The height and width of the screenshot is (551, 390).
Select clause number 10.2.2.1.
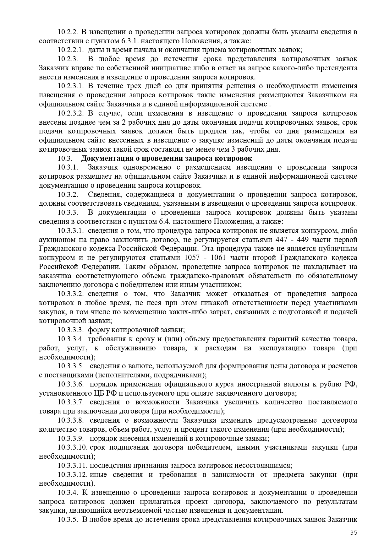[x=71, y=50]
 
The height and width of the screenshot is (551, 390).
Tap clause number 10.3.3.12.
[x=73, y=474]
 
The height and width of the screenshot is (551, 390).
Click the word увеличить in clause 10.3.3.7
[x=240, y=402]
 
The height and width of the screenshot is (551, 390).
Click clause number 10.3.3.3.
[x=71, y=330]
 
